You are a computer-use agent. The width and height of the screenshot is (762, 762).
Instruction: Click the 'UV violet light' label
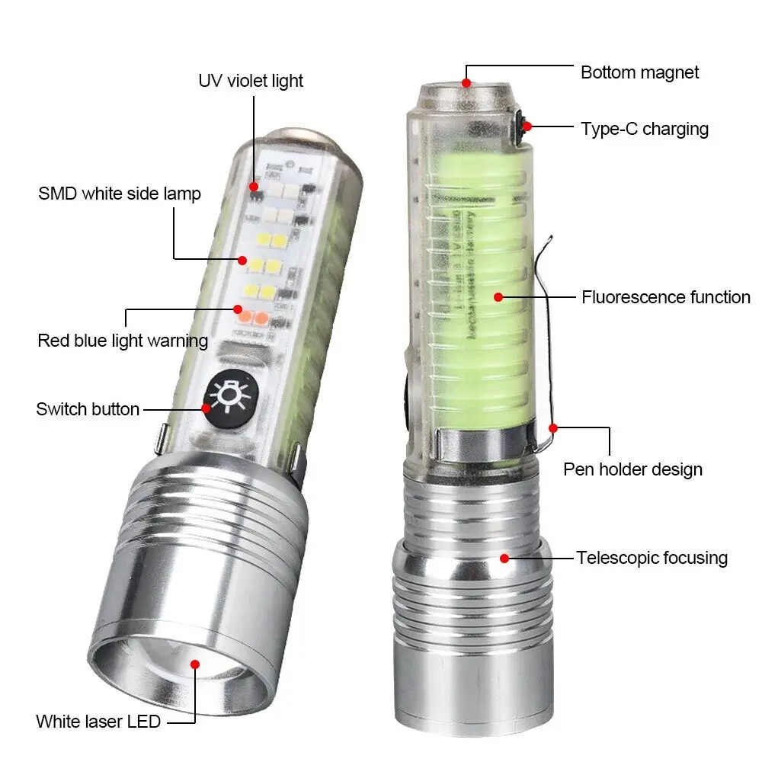(x=251, y=81)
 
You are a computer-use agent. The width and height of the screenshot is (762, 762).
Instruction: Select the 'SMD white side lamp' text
(x=120, y=194)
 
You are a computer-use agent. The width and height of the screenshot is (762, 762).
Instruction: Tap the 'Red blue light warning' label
(x=123, y=340)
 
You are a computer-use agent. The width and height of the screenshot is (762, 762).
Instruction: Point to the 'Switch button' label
(x=88, y=409)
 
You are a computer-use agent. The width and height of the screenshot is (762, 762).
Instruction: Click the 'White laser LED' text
(x=98, y=721)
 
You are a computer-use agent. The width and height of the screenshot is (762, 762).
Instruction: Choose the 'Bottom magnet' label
(x=639, y=72)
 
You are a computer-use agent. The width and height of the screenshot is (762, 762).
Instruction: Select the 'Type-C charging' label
(x=645, y=129)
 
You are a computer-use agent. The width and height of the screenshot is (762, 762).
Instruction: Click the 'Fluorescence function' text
(x=666, y=297)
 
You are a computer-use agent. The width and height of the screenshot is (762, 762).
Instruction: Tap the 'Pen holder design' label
(x=632, y=469)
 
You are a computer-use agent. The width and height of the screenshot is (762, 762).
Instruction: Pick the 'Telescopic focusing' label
(x=652, y=558)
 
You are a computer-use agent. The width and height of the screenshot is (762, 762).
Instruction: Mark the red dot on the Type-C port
(x=527, y=126)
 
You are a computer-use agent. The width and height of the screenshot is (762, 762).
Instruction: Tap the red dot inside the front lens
(x=194, y=664)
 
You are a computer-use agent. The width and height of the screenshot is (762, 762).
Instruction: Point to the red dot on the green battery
(x=498, y=296)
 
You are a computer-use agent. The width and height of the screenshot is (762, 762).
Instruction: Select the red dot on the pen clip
(x=554, y=428)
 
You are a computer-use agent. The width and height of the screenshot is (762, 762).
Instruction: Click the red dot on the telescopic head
(x=504, y=558)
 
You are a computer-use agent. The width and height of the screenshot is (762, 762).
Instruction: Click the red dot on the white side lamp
(x=242, y=259)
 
